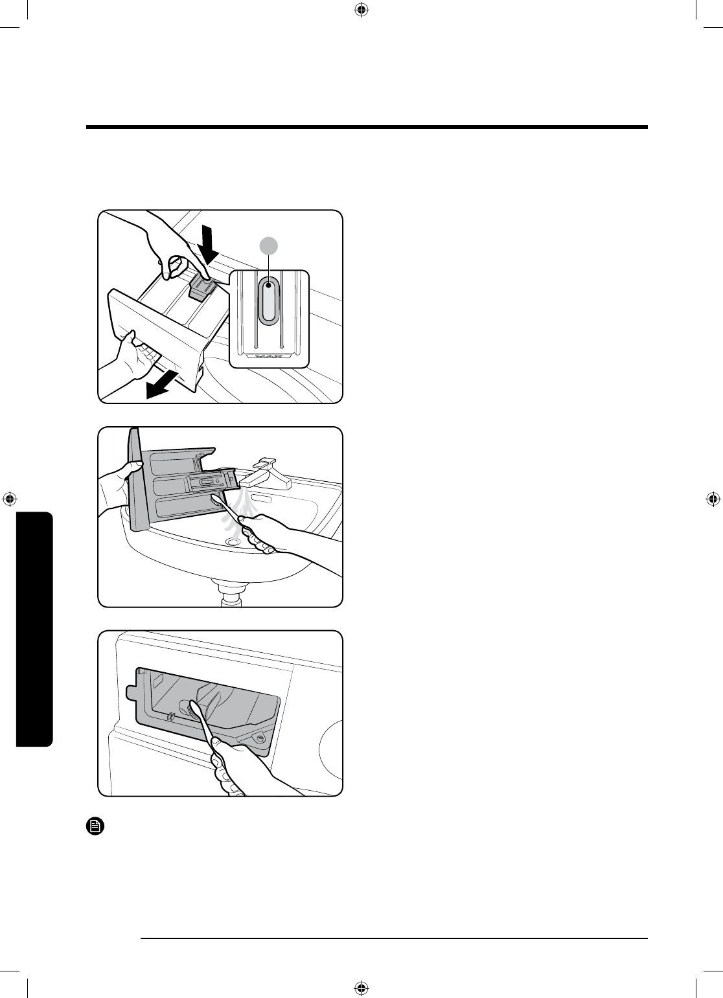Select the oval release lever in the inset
point(268,301)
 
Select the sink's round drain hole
point(232,541)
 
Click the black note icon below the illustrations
point(94,826)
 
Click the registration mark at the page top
point(361,10)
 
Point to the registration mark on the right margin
point(713,499)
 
